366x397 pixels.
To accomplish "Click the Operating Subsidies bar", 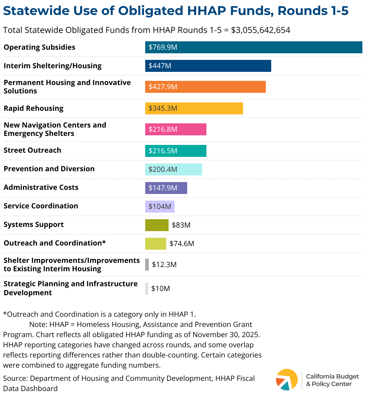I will pyautogui.click(x=253, y=47).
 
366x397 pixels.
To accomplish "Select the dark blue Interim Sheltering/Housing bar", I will pyautogui.click(x=208, y=66).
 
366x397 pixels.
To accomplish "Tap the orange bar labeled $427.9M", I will pyautogui.click(x=205, y=87).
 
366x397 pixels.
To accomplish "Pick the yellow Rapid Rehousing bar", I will pyautogui.click(x=194, y=108).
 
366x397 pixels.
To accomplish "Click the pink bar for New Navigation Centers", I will pyautogui.click(x=175, y=129).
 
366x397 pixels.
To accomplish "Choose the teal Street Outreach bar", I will pyautogui.click(x=175, y=151).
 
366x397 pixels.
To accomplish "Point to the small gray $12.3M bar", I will pyautogui.click(x=147, y=265).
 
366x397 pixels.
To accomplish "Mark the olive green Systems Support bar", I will pyautogui.click(x=157, y=225).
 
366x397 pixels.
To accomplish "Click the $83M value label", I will pyautogui.click(x=181, y=225).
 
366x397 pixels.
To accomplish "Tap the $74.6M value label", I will pyautogui.click(x=182, y=244).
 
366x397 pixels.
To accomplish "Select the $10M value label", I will pyautogui.click(x=160, y=289).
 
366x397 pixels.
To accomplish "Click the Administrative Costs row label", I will pyautogui.click(x=41, y=187).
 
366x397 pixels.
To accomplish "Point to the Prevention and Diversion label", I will pyautogui.click(x=49, y=169).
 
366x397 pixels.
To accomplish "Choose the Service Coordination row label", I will pyautogui.click(x=41, y=206).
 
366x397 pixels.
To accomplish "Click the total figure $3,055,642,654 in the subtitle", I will pyautogui.click(x=261, y=30).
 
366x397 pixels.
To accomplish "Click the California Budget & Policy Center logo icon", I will pyautogui.click(x=287, y=380).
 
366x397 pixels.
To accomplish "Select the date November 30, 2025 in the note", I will pyautogui.click(x=226, y=334).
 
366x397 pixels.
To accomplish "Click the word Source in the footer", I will pyautogui.click(x=15, y=378).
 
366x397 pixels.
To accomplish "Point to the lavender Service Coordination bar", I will pyautogui.click(x=160, y=207).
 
